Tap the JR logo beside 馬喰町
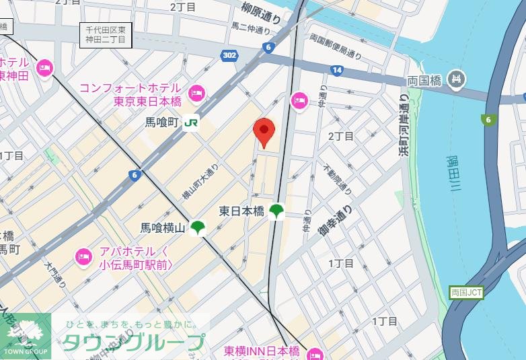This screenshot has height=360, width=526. (x=192, y=122)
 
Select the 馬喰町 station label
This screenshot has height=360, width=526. (x=161, y=122)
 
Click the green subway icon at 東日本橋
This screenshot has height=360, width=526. (x=276, y=211)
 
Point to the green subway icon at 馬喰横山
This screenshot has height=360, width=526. (x=197, y=228)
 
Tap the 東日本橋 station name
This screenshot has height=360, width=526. (x=241, y=211)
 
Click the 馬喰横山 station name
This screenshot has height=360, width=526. (x=162, y=229)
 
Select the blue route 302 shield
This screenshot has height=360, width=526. (x=228, y=55)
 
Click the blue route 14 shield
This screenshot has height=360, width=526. (x=336, y=70)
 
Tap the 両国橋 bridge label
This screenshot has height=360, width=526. (x=424, y=80)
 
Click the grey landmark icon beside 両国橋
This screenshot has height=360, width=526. (x=457, y=79)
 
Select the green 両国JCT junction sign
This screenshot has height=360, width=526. (x=465, y=293)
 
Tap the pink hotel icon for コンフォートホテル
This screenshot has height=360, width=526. (x=196, y=93)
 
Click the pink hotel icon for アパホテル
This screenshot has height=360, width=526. (x=83, y=256)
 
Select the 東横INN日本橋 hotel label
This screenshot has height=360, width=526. (x=262, y=352)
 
